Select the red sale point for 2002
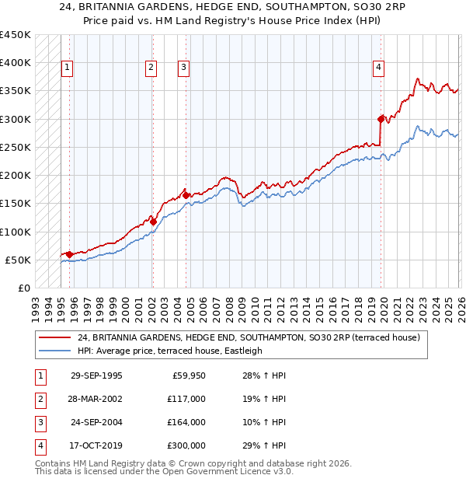pos(153,222)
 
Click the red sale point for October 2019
pos(381,119)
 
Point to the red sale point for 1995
pos(70,254)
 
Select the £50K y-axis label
pos(18,260)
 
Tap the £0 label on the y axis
pos(23,288)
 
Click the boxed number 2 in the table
pos(40,399)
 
